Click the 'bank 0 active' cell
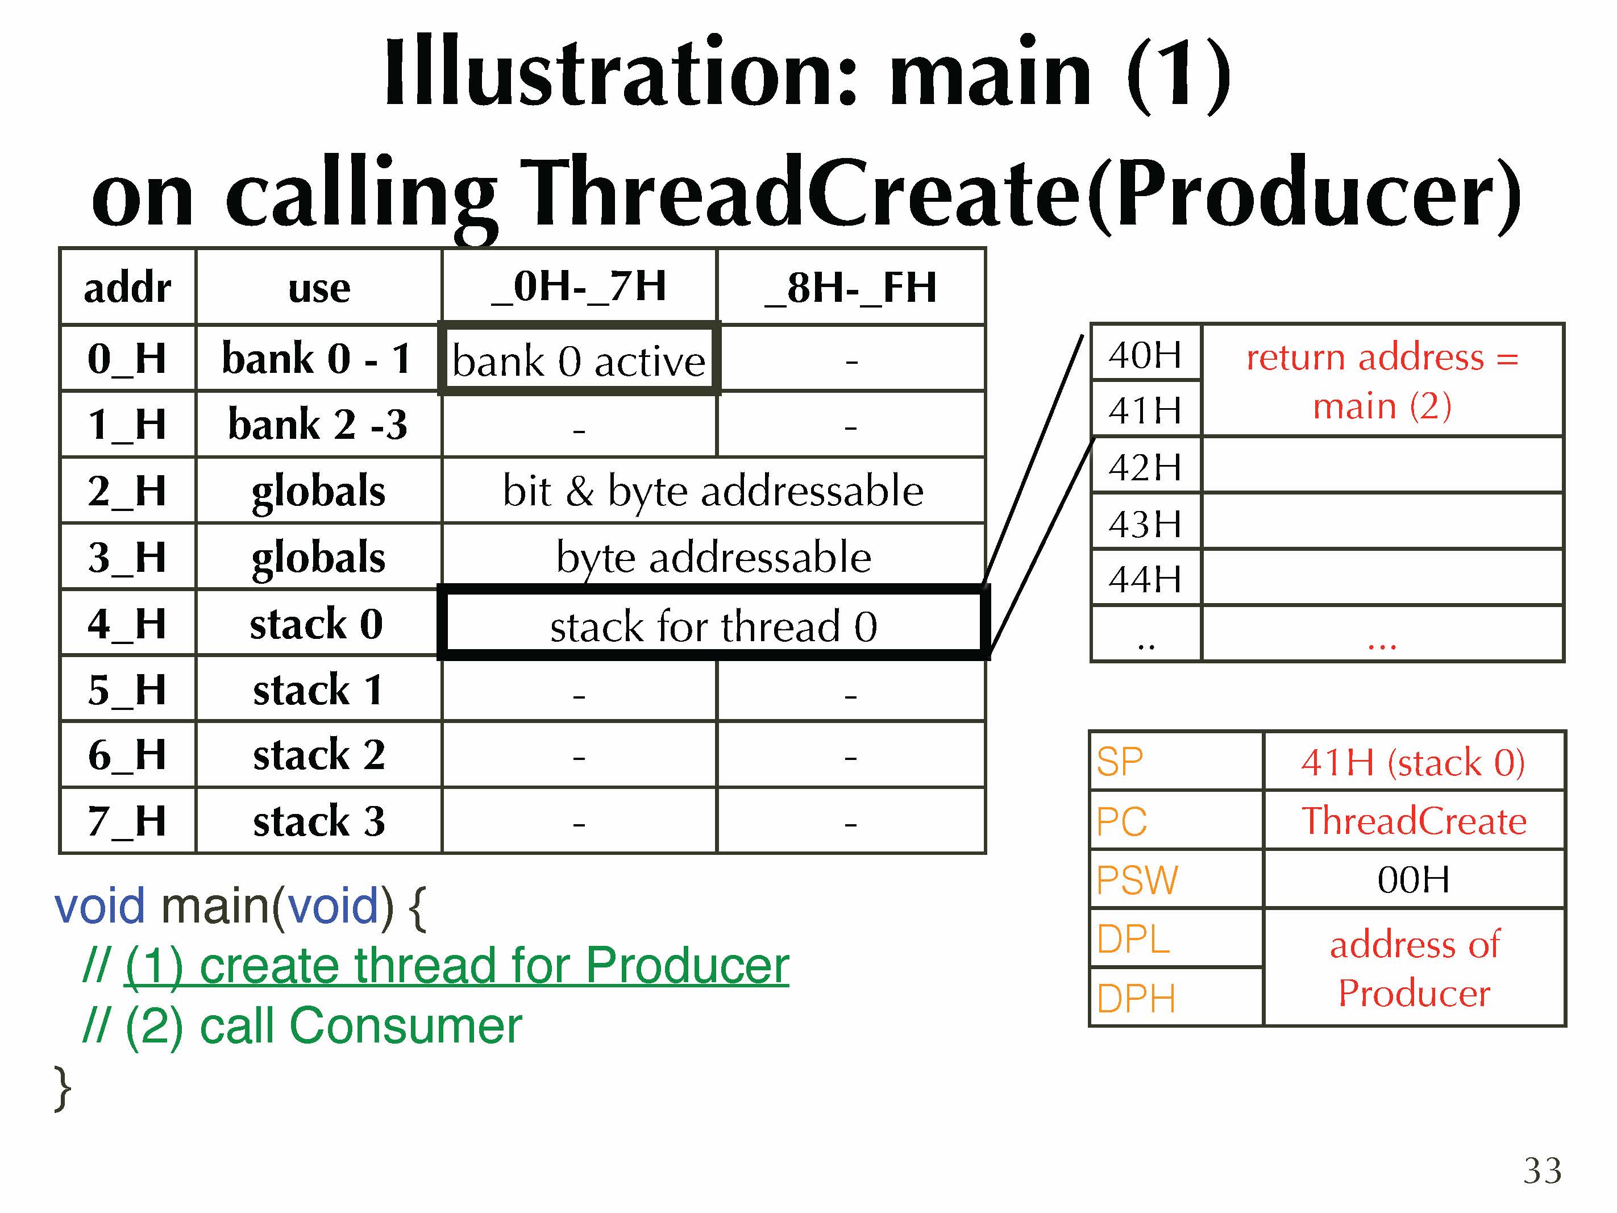click(x=579, y=359)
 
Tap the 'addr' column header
click(x=128, y=286)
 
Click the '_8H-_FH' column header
click(x=851, y=286)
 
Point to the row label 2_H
click(x=128, y=490)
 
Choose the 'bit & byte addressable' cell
click(x=713, y=490)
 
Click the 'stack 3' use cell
click(x=319, y=820)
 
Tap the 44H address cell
click(x=1145, y=578)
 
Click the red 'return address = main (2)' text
click(x=1382, y=381)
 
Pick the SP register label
click(x=1119, y=761)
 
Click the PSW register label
click(x=1137, y=879)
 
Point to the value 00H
click(x=1414, y=879)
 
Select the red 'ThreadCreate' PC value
click(x=1414, y=820)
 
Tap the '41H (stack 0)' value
click(x=1413, y=762)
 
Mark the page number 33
click(x=1543, y=1170)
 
